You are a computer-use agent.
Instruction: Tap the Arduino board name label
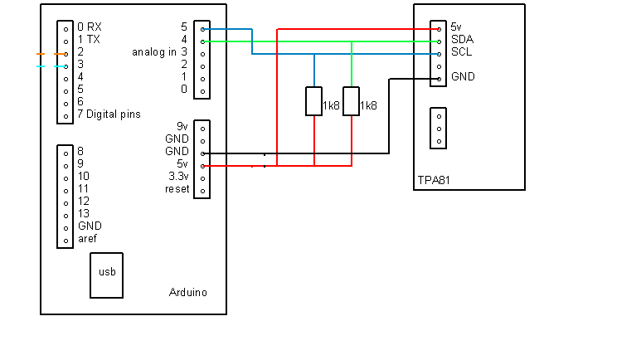coord(188,293)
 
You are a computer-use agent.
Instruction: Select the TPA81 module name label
coord(434,180)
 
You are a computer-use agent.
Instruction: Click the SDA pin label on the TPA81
coord(463,39)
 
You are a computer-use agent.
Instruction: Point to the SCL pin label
coord(462,52)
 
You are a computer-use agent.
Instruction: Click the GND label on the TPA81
coord(464,76)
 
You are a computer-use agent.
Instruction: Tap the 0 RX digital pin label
coord(90,27)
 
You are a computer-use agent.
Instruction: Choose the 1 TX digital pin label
coord(89,39)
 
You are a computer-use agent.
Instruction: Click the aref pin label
coord(87,239)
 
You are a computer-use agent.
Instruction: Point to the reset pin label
coord(177,189)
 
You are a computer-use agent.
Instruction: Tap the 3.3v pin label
coord(178,177)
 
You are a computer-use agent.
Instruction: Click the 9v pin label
coord(182,126)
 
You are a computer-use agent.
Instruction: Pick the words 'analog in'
coord(154,52)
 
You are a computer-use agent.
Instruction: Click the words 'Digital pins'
coord(114,114)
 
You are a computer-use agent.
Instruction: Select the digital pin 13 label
coord(84,213)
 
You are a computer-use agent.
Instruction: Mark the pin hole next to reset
coord(203,191)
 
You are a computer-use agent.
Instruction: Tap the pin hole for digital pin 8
coord(66,153)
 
